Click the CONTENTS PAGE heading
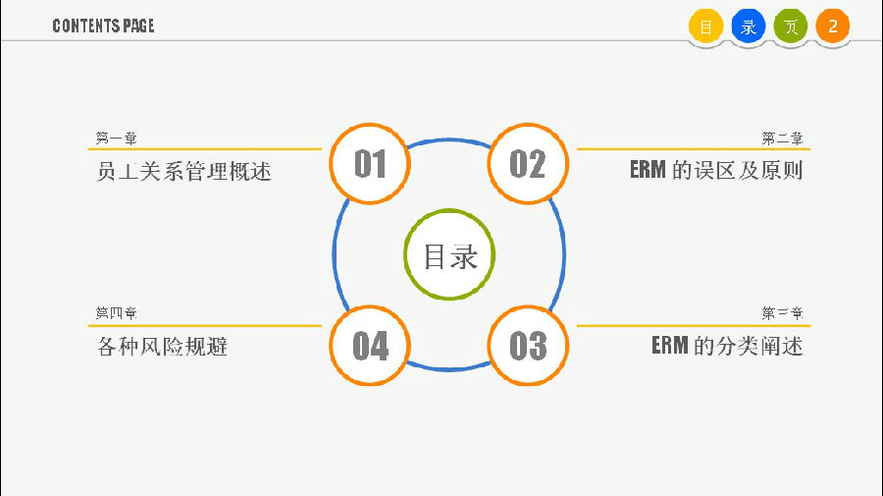click(x=103, y=26)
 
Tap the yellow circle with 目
click(x=705, y=26)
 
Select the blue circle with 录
click(x=749, y=26)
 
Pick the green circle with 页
click(x=791, y=26)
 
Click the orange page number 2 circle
click(x=833, y=26)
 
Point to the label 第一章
click(x=116, y=138)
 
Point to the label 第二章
click(x=782, y=138)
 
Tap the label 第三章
click(x=782, y=312)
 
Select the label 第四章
click(x=116, y=312)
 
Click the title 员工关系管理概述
click(x=183, y=171)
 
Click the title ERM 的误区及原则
click(x=716, y=170)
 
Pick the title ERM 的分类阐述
click(x=727, y=346)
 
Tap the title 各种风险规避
click(x=162, y=346)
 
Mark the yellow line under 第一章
click(x=204, y=149)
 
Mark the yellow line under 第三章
click(x=694, y=325)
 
